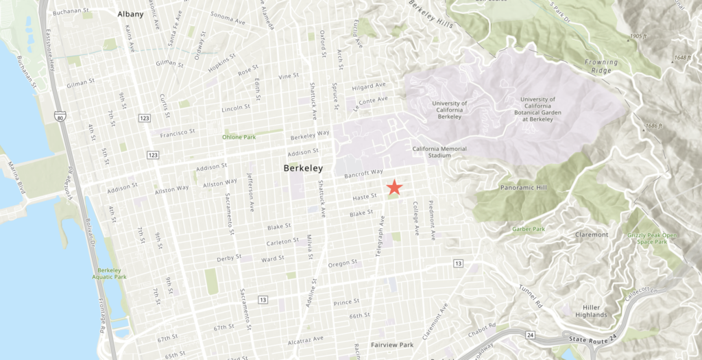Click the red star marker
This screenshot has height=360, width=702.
[394, 187]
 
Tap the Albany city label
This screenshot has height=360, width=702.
[130, 14]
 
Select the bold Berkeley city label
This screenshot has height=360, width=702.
[303, 168]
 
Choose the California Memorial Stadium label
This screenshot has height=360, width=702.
[439, 152]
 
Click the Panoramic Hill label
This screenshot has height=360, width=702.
[526, 187]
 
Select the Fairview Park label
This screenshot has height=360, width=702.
[391, 344]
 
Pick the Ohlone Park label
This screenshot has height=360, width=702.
[239, 137]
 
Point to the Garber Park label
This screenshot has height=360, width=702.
[528, 229]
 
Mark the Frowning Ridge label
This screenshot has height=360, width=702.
[601, 66]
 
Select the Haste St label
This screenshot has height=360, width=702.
[365, 196]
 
